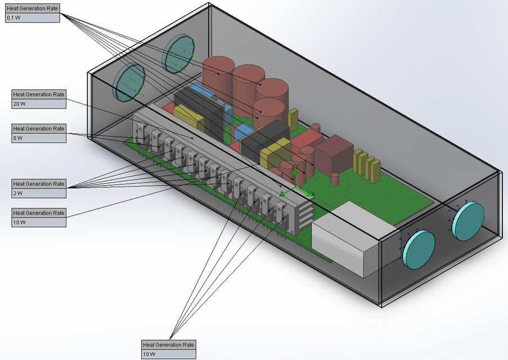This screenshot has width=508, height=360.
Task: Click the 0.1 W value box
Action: click(x=32, y=18)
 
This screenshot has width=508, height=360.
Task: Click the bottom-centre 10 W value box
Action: click(x=168, y=354)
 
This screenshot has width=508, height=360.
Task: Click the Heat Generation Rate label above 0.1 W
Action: click(x=32, y=8)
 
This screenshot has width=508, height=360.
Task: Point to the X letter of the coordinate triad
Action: click(x=313, y=193)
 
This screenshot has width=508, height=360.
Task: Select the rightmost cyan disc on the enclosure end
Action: click(x=468, y=221)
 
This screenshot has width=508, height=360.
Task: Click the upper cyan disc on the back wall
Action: click(x=178, y=53)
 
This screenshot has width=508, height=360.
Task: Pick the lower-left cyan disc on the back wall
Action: click(x=128, y=83)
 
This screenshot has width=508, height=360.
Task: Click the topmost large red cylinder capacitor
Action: click(x=218, y=73)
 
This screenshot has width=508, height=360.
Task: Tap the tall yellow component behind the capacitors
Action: click(x=293, y=119)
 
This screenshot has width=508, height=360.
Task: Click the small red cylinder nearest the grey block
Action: click(x=335, y=179)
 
